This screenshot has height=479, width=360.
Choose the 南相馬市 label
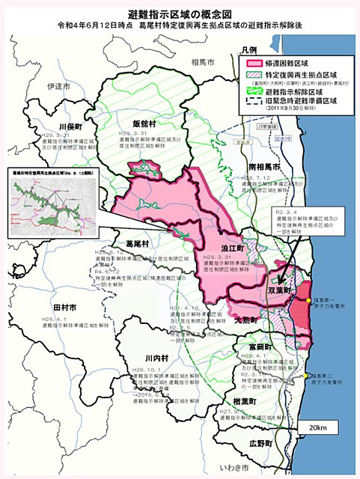coord(264,165)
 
